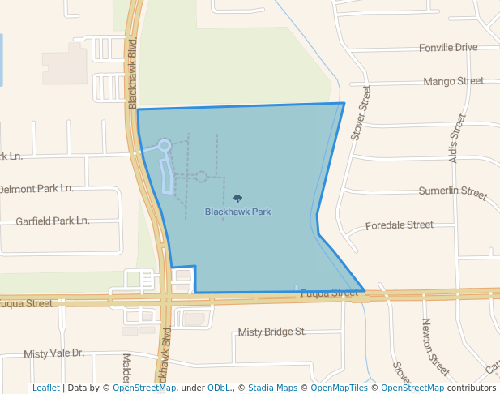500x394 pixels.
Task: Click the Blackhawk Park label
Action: point(237,212)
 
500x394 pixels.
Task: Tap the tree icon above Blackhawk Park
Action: point(237,199)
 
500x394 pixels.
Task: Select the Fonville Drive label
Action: point(448,48)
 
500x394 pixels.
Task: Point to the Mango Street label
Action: point(453,81)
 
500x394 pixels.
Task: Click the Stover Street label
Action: point(361,113)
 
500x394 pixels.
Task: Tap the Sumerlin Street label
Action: point(452,193)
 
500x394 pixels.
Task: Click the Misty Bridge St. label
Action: point(271,332)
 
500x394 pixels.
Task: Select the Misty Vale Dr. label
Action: point(54,353)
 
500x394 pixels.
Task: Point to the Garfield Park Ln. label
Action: point(53,221)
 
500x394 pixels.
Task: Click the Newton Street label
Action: point(429,341)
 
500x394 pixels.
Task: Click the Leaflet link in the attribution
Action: point(45,388)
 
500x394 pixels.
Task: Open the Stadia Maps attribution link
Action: point(273,388)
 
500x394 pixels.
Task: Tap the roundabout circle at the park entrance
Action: point(164,145)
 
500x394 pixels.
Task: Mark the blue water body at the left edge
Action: point(2,61)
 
